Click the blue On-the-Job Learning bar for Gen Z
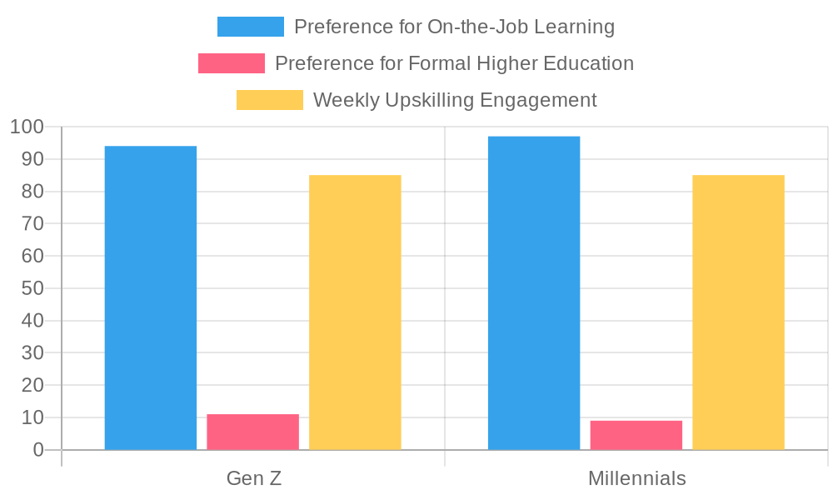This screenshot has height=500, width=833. point(151,297)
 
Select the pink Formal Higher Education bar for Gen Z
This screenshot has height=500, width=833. point(253,432)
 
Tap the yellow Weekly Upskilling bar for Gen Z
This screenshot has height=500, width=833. point(355,312)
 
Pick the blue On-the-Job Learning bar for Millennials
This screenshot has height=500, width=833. point(534,292)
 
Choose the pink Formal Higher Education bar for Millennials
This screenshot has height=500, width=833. point(636,435)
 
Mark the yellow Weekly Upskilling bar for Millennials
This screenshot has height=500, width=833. point(738,312)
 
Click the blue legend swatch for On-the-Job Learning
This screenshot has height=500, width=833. point(251,27)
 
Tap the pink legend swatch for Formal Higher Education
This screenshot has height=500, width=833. point(232,63)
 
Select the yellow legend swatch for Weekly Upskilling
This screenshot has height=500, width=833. point(270,100)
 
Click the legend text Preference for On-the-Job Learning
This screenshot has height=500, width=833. point(454,27)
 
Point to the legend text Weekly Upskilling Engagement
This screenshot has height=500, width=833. point(455,100)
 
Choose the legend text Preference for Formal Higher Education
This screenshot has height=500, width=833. point(454,63)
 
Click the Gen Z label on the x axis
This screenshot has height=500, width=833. point(254,478)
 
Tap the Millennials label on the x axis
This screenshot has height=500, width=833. point(637,478)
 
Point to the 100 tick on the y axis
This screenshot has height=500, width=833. point(27,127)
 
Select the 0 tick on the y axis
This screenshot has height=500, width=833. point(38,450)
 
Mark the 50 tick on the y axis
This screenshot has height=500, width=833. point(32,288)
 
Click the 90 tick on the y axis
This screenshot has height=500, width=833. point(32,159)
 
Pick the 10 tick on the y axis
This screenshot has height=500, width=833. point(32,417)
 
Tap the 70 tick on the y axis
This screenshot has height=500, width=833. point(32,224)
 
